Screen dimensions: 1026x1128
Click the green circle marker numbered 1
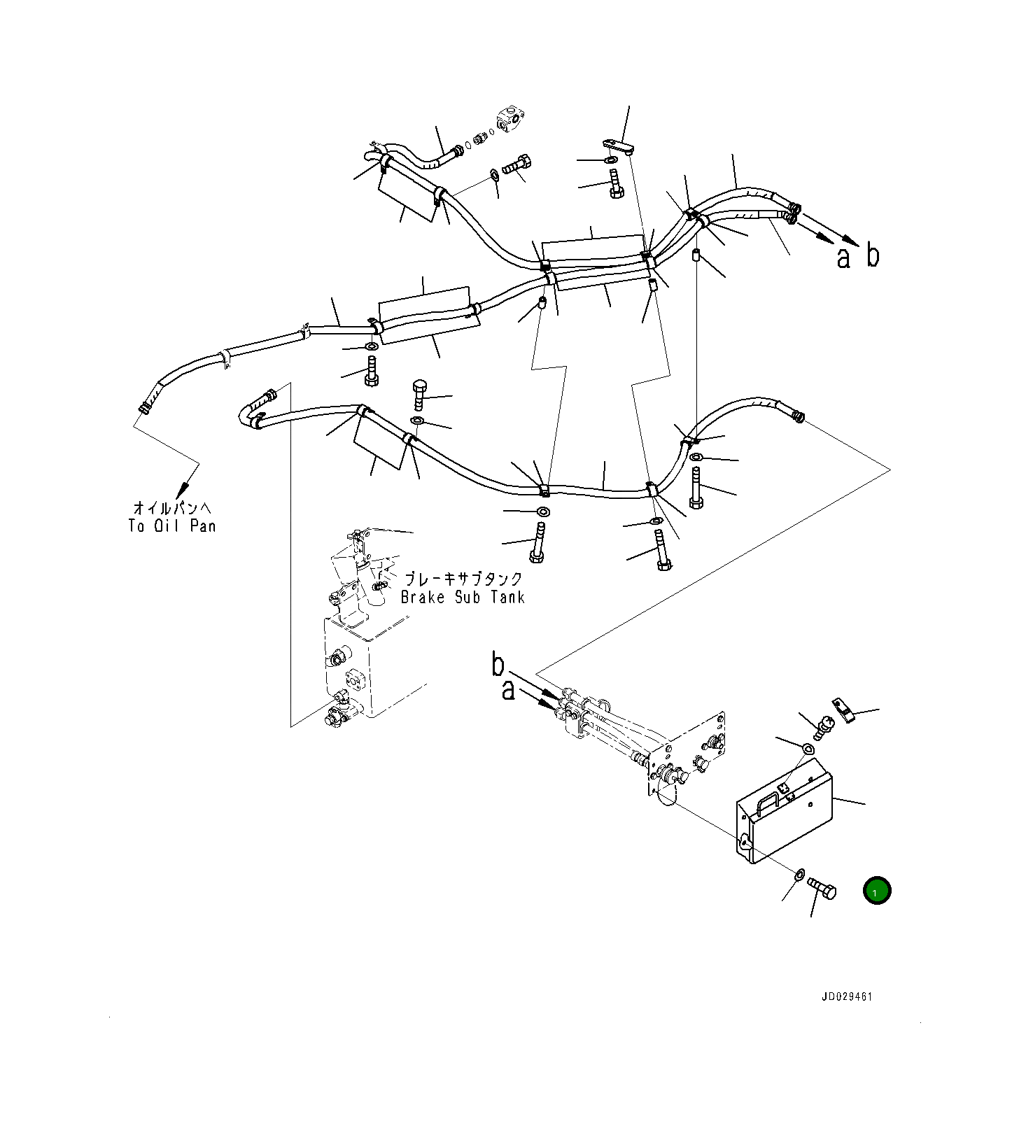(877, 891)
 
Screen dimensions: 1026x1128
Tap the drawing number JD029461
(848, 997)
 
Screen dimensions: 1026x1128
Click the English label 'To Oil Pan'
(172, 526)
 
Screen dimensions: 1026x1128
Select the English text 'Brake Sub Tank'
(463, 597)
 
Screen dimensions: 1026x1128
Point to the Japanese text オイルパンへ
(172, 507)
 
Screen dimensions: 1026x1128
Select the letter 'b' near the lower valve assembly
(498, 664)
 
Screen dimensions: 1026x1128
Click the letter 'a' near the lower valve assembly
(508, 691)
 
